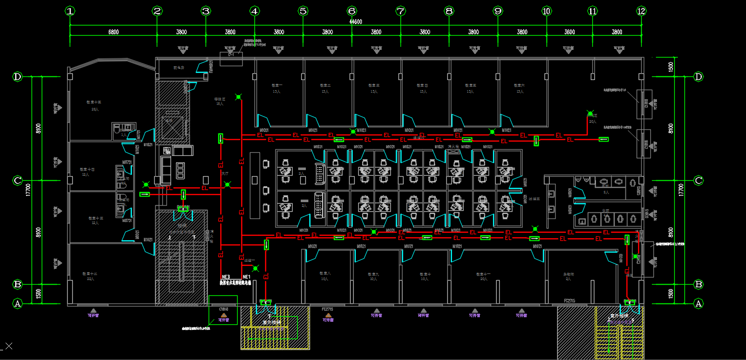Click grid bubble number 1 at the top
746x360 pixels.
pos(70,11)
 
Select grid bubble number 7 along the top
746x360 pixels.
pos(400,11)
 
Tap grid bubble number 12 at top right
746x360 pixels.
pos(641,11)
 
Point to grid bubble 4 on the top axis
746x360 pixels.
pos(254,11)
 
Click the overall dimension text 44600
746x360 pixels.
pos(356,22)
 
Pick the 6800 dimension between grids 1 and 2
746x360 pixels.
pos(113,32)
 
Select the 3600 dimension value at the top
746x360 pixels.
pos(569,32)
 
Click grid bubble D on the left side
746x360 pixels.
pos(17,77)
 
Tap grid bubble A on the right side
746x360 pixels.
pos(699,303)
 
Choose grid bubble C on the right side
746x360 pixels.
pos(699,180)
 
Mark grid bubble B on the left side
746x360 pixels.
pos(17,284)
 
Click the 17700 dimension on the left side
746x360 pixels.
pos(28,189)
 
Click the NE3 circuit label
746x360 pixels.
pos(226,277)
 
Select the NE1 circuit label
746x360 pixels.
pos(246,277)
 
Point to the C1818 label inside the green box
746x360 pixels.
pos(223,309)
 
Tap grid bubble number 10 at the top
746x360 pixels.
pos(547,11)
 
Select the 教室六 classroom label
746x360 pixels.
pos(519,86)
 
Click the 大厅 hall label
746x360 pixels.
pos(225,174)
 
